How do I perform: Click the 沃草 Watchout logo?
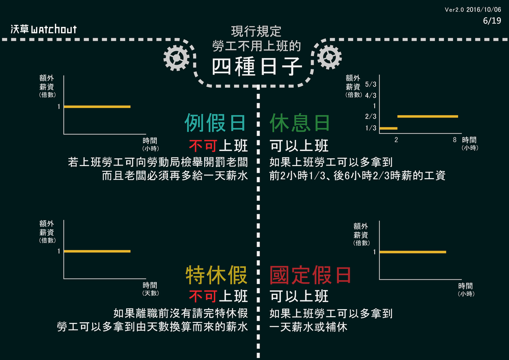point(44,29)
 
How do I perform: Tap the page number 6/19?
point(492,20)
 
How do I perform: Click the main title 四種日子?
point(257,67)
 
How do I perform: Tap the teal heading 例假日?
point(215,123)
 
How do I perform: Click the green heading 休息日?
point(300,123)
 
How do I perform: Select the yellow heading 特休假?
point(216,275)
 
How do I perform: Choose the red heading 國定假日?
point(310,275)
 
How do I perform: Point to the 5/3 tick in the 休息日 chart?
point(371,85)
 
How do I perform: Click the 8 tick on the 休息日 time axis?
point(455,139)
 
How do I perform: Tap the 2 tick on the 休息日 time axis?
point(396,139)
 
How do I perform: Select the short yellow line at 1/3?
point(388,128)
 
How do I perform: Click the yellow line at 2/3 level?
point(428,117)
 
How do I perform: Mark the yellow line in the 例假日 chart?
point(97,106)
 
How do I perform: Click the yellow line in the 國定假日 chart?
point(413,252)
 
